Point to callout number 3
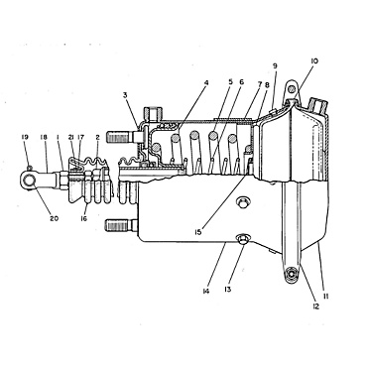click(126, 94)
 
